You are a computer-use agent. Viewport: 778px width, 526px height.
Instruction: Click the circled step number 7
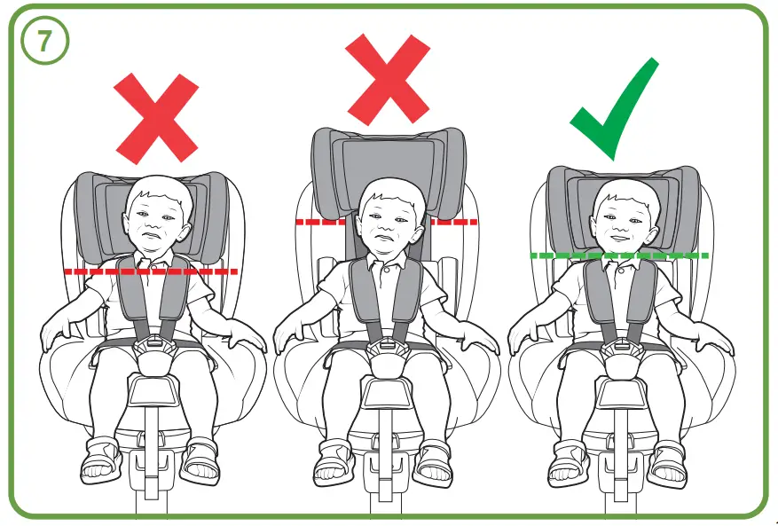[x=41, y=42]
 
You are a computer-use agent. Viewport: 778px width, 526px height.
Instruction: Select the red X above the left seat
[x=156, y=119]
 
